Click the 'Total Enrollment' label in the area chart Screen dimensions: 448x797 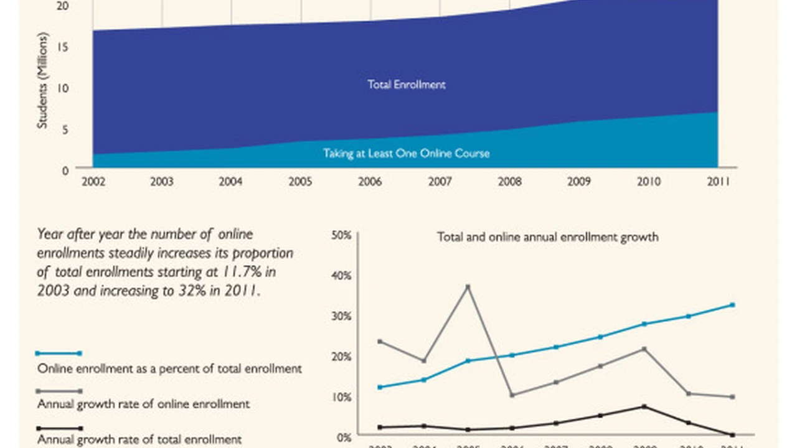(407, 85)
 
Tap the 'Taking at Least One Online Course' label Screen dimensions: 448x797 (406, 153)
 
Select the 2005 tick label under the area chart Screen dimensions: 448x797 (301, 182)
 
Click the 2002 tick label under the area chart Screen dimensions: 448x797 (93, 182)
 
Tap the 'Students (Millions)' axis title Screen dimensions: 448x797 (42, 80)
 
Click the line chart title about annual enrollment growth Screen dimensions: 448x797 (547, 237)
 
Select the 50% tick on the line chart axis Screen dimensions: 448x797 (342, 235)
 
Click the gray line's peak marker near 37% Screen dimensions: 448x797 (468, 287)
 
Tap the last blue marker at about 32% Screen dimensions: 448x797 (733, 305)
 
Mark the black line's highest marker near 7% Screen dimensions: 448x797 (644, 406)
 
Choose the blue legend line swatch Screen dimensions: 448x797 (59, 353)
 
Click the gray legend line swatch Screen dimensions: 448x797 (59, 391)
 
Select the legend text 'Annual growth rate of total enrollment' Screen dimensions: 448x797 (139, 439)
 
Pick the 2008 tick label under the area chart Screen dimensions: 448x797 (509, 182)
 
